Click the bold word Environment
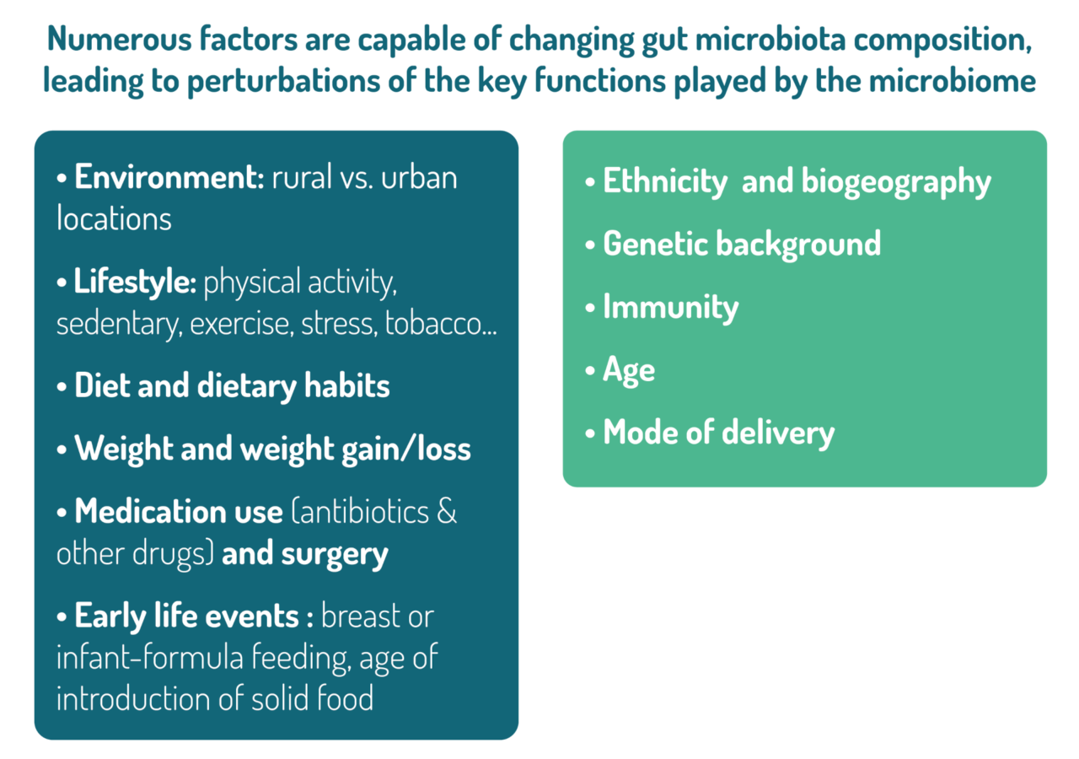coord(169,178)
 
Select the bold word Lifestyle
coord(135,283)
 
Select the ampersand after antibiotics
coord(447,511)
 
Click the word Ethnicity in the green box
coord(664,182)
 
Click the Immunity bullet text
coord(670,307)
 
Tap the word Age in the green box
coord(629,369)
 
